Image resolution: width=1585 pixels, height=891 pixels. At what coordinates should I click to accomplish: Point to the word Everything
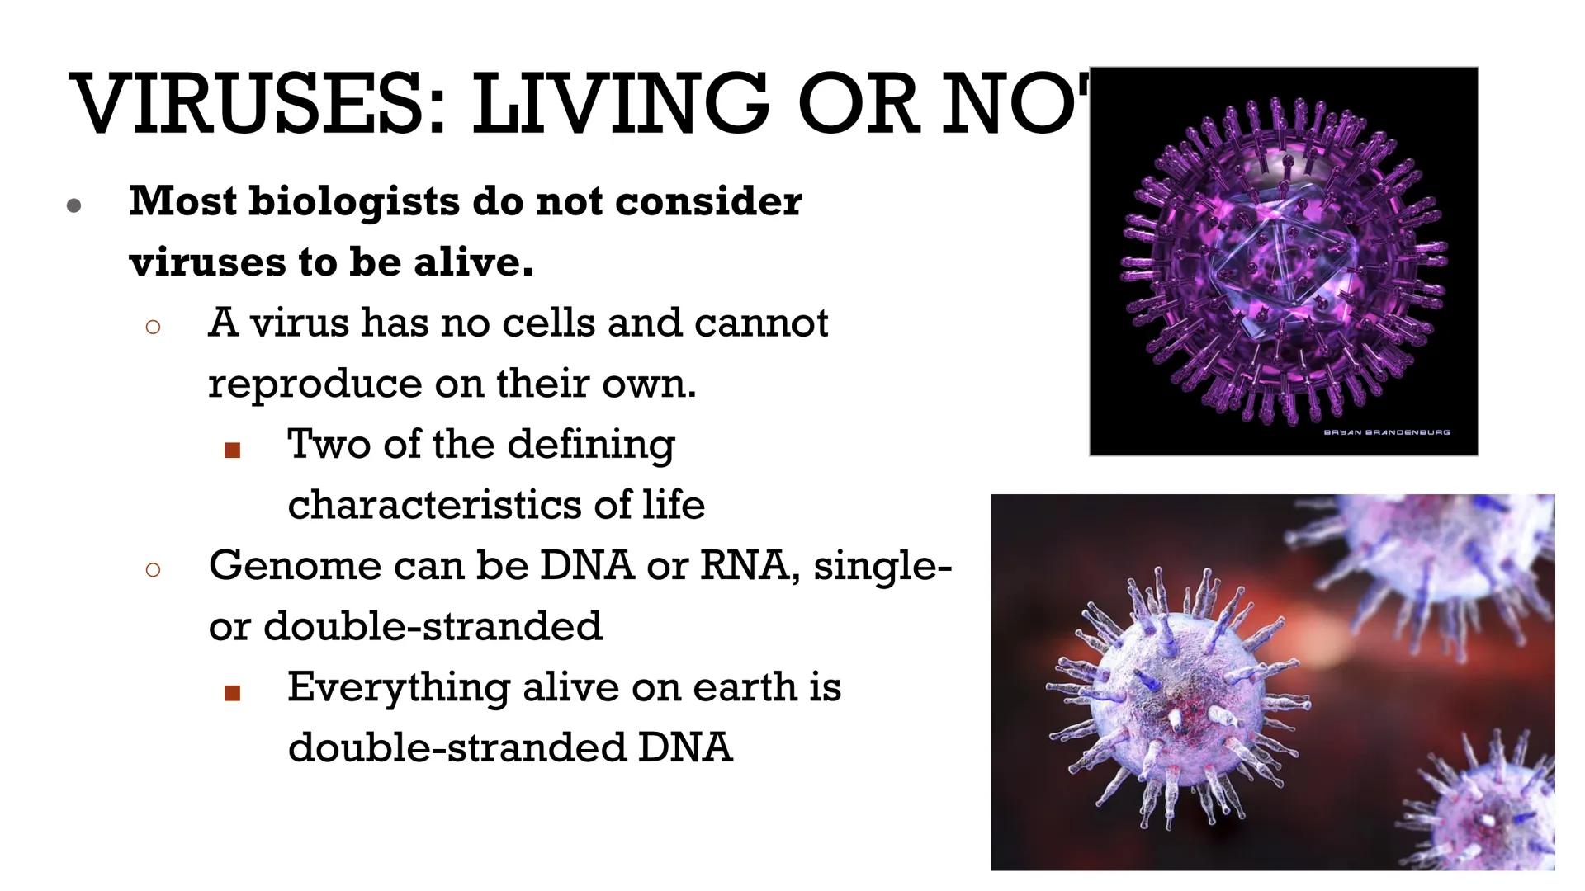pyautogui.click(x=397, y=687)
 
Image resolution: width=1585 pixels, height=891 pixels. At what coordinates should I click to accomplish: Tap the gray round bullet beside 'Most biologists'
pyautogui.click(x=74, y=205)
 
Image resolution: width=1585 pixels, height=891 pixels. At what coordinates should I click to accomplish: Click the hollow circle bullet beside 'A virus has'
pyautogui.click(x=153, y=327)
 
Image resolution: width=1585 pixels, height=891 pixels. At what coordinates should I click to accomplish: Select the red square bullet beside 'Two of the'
pyautogui.click(x=233, y=450)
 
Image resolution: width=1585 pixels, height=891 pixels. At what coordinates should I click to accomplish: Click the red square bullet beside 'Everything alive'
pyautogui.click(x=233, y=693)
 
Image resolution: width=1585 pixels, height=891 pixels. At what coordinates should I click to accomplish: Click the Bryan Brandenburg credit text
pyautogui.click(x=1386, y=432)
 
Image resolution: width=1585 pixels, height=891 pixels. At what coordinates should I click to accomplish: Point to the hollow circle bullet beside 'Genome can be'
pyautogui.click(x=153, y=569)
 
